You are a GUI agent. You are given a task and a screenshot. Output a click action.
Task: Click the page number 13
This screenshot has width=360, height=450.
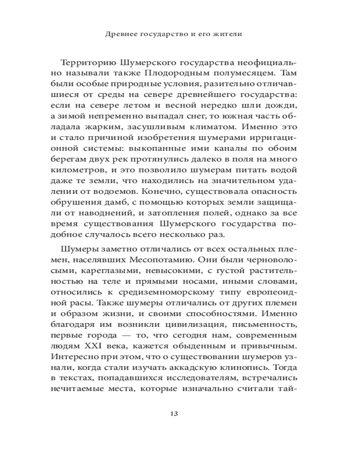point(174,414)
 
